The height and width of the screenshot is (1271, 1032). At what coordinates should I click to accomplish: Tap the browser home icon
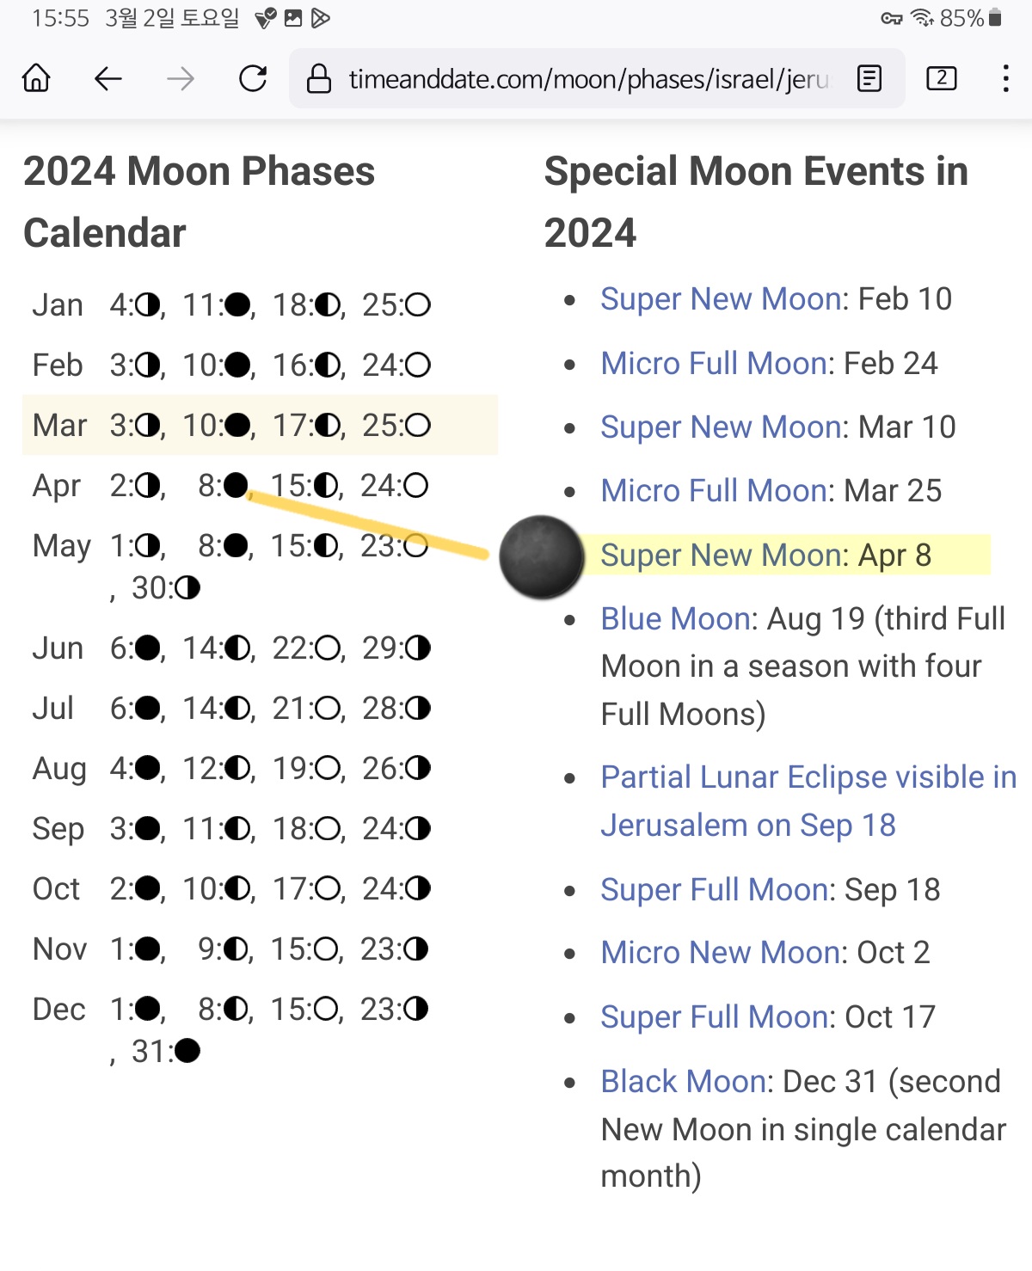pos(36,78)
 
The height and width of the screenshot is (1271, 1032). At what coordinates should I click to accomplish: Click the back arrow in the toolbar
pos(108,78)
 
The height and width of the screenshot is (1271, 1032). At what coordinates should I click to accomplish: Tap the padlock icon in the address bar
pos(318,78)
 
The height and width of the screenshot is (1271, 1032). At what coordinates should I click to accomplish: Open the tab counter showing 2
pos(942,78)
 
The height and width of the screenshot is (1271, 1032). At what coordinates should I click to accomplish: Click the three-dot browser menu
pos(1005,78)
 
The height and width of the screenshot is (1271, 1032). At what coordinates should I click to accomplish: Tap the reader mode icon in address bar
pos(869,78)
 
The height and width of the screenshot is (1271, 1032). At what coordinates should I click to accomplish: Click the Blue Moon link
pos(675,619)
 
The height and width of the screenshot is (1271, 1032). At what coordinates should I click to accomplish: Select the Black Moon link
pos(683,1081)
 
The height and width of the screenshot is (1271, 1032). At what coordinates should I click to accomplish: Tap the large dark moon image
pos(541,556)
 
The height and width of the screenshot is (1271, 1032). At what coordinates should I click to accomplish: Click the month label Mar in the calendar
pos(59,426)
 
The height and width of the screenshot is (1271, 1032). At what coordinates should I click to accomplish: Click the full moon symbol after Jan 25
pos(418,305)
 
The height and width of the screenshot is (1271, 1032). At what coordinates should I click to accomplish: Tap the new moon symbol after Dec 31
pos(187,1051)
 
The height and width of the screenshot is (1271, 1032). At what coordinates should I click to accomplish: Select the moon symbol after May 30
pos(187,587)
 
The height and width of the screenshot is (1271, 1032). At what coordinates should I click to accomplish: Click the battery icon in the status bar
pos(994,18)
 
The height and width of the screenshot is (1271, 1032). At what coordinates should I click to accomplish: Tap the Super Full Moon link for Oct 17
pos(714,1016)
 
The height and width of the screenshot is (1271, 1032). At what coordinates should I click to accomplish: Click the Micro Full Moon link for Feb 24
pos(713,364)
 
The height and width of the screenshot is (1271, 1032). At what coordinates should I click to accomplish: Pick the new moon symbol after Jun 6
pos(147,648)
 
